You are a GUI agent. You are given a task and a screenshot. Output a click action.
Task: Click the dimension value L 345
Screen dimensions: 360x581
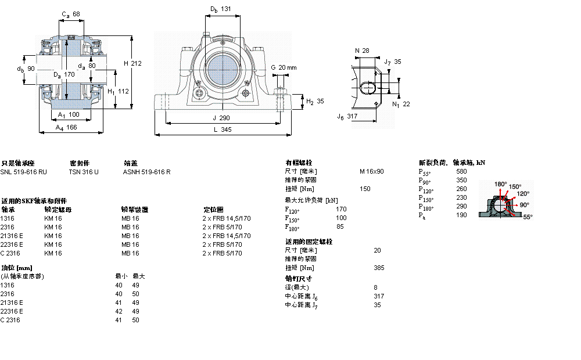click(x=222, y=130)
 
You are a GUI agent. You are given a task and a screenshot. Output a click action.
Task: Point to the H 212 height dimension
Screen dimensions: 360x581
click(x=132, y=63)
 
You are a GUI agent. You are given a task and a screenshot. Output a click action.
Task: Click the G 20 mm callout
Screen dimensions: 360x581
click(x=284, y=67)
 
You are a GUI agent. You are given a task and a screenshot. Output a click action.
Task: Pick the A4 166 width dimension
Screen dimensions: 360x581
click(x=66, y=127)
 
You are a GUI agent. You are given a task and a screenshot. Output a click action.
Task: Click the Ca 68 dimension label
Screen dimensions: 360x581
click(x=71, y=14)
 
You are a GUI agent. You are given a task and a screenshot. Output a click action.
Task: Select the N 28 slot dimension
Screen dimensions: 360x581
click(x=362, y=51)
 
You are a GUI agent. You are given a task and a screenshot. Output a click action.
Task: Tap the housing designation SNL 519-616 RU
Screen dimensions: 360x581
click(x=24, y=172)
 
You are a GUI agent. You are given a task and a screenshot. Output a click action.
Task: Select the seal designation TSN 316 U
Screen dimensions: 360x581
click(x=84, y=172)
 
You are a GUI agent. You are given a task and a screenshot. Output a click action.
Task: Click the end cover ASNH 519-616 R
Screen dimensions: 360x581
click(x=146, y=172)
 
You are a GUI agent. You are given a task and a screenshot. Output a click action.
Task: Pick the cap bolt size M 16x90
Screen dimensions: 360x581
click(x=372, y=171)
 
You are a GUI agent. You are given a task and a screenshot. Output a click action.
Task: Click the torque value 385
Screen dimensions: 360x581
click(x=379, y=268)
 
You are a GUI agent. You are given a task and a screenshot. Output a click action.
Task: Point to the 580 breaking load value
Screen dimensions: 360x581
click(x=461, y=171)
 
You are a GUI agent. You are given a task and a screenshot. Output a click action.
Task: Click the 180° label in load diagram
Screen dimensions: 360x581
click(x=500, y=184)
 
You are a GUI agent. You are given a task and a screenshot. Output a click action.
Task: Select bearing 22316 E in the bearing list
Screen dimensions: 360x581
click(x=12, y=244)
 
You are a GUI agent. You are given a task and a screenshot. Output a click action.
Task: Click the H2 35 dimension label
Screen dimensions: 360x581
click(x=314, y=101)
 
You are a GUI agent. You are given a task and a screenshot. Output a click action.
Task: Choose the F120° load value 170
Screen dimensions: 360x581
click(x=341, y=209)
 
